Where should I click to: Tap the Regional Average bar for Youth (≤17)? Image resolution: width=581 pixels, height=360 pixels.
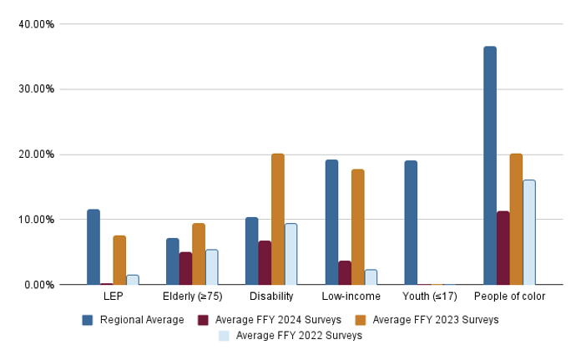point(411,222)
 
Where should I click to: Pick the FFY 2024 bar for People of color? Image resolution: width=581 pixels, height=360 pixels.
point(503,248)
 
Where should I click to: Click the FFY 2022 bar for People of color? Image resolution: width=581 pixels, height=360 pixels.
point(529,232)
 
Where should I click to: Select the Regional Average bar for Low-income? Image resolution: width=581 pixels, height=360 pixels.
point(331,222)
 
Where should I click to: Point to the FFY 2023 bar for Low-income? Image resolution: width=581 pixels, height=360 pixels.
point(357,227)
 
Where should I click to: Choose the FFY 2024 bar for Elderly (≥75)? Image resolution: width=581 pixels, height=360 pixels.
point(185,268)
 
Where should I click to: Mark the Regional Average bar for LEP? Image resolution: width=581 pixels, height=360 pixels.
point(93,247)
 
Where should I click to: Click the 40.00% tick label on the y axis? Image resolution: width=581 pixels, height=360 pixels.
point(36,24)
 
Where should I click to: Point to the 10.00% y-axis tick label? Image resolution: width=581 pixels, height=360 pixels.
point(36,220)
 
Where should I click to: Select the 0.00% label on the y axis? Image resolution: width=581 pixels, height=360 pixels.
point(38,285)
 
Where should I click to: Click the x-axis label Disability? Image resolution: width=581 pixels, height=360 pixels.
point(271,297)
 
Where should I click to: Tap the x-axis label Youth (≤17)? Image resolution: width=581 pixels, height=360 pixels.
point(430,297)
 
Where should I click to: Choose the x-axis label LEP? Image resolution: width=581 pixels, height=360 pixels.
point(113,297)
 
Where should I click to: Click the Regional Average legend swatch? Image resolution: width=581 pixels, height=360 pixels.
point(87,320)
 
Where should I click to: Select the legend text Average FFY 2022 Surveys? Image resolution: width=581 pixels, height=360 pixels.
point(299,336)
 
